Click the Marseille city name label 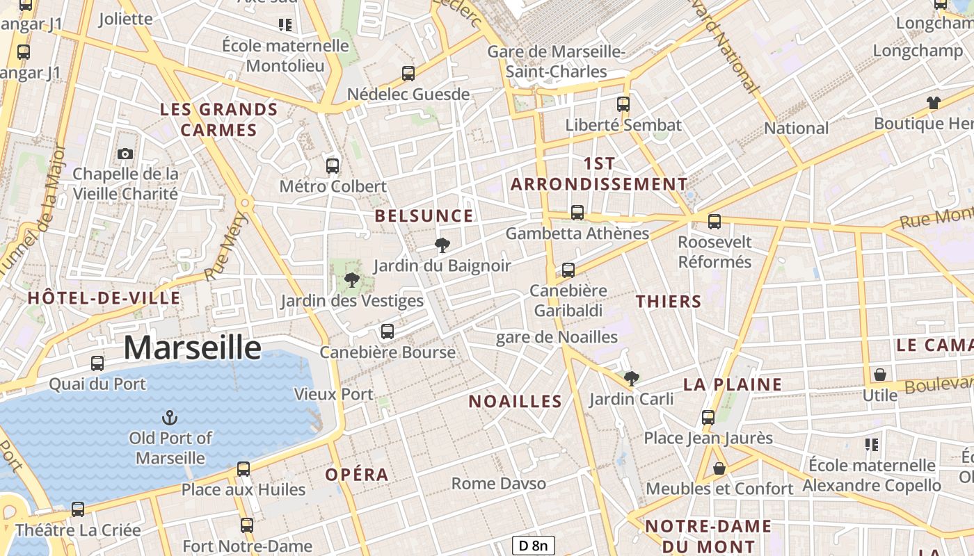click(x=192, y=347)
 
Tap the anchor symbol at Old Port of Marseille click(x=169, y=418)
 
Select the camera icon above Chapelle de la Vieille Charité click(x=125, y=154)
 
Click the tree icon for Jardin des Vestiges click(x=351, y=280)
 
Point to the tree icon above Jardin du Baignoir click(x=441, y=245)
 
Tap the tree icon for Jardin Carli click(x=631, y=379)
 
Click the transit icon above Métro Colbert click(x=333, y=166)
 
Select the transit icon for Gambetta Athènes click(x=577, y=213)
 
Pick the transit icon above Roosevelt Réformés click(x=714, y=222)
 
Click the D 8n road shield click(x=534, y=546)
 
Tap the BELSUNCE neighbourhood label click(x=424, y=216)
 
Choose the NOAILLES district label click(x=515, y=401)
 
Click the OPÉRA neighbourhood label click(x=357, y=475)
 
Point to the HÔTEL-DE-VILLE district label click(x=104, y=299)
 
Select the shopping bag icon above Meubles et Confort click(x=719, y=469)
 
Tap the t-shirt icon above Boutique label click(x=933, y=103)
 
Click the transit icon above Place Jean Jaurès click(x=708, y=418)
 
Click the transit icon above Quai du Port click(x=97, y=363)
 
